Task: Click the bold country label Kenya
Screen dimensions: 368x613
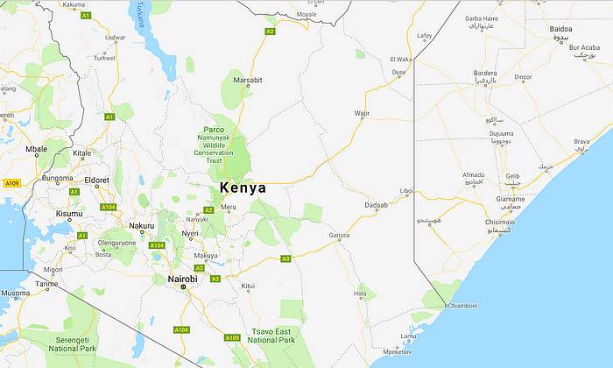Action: [x=243, y=188]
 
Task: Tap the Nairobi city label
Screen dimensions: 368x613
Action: [x=181, y=280]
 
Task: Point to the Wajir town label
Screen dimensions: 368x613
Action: [x=362, y=113]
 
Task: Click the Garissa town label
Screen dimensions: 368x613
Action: [x=339, y=236]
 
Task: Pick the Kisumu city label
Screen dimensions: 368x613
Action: [x=68, y=214]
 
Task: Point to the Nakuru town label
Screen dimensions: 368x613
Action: [x=141, y=226]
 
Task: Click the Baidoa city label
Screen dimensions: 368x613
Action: [x=560, y=29]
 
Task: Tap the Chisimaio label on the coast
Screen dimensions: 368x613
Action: [x=499, y=223]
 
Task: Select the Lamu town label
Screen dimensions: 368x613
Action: [x=408, y=336]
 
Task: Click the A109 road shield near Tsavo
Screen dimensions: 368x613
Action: [x=231, y=337]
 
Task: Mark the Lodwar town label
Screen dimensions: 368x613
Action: [x=115, y=37]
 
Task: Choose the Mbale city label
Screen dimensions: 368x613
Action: [x=36, y=149]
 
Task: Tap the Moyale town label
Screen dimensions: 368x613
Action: [x=306, y=15]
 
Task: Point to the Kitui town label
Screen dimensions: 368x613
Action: [x=249, y=286]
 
